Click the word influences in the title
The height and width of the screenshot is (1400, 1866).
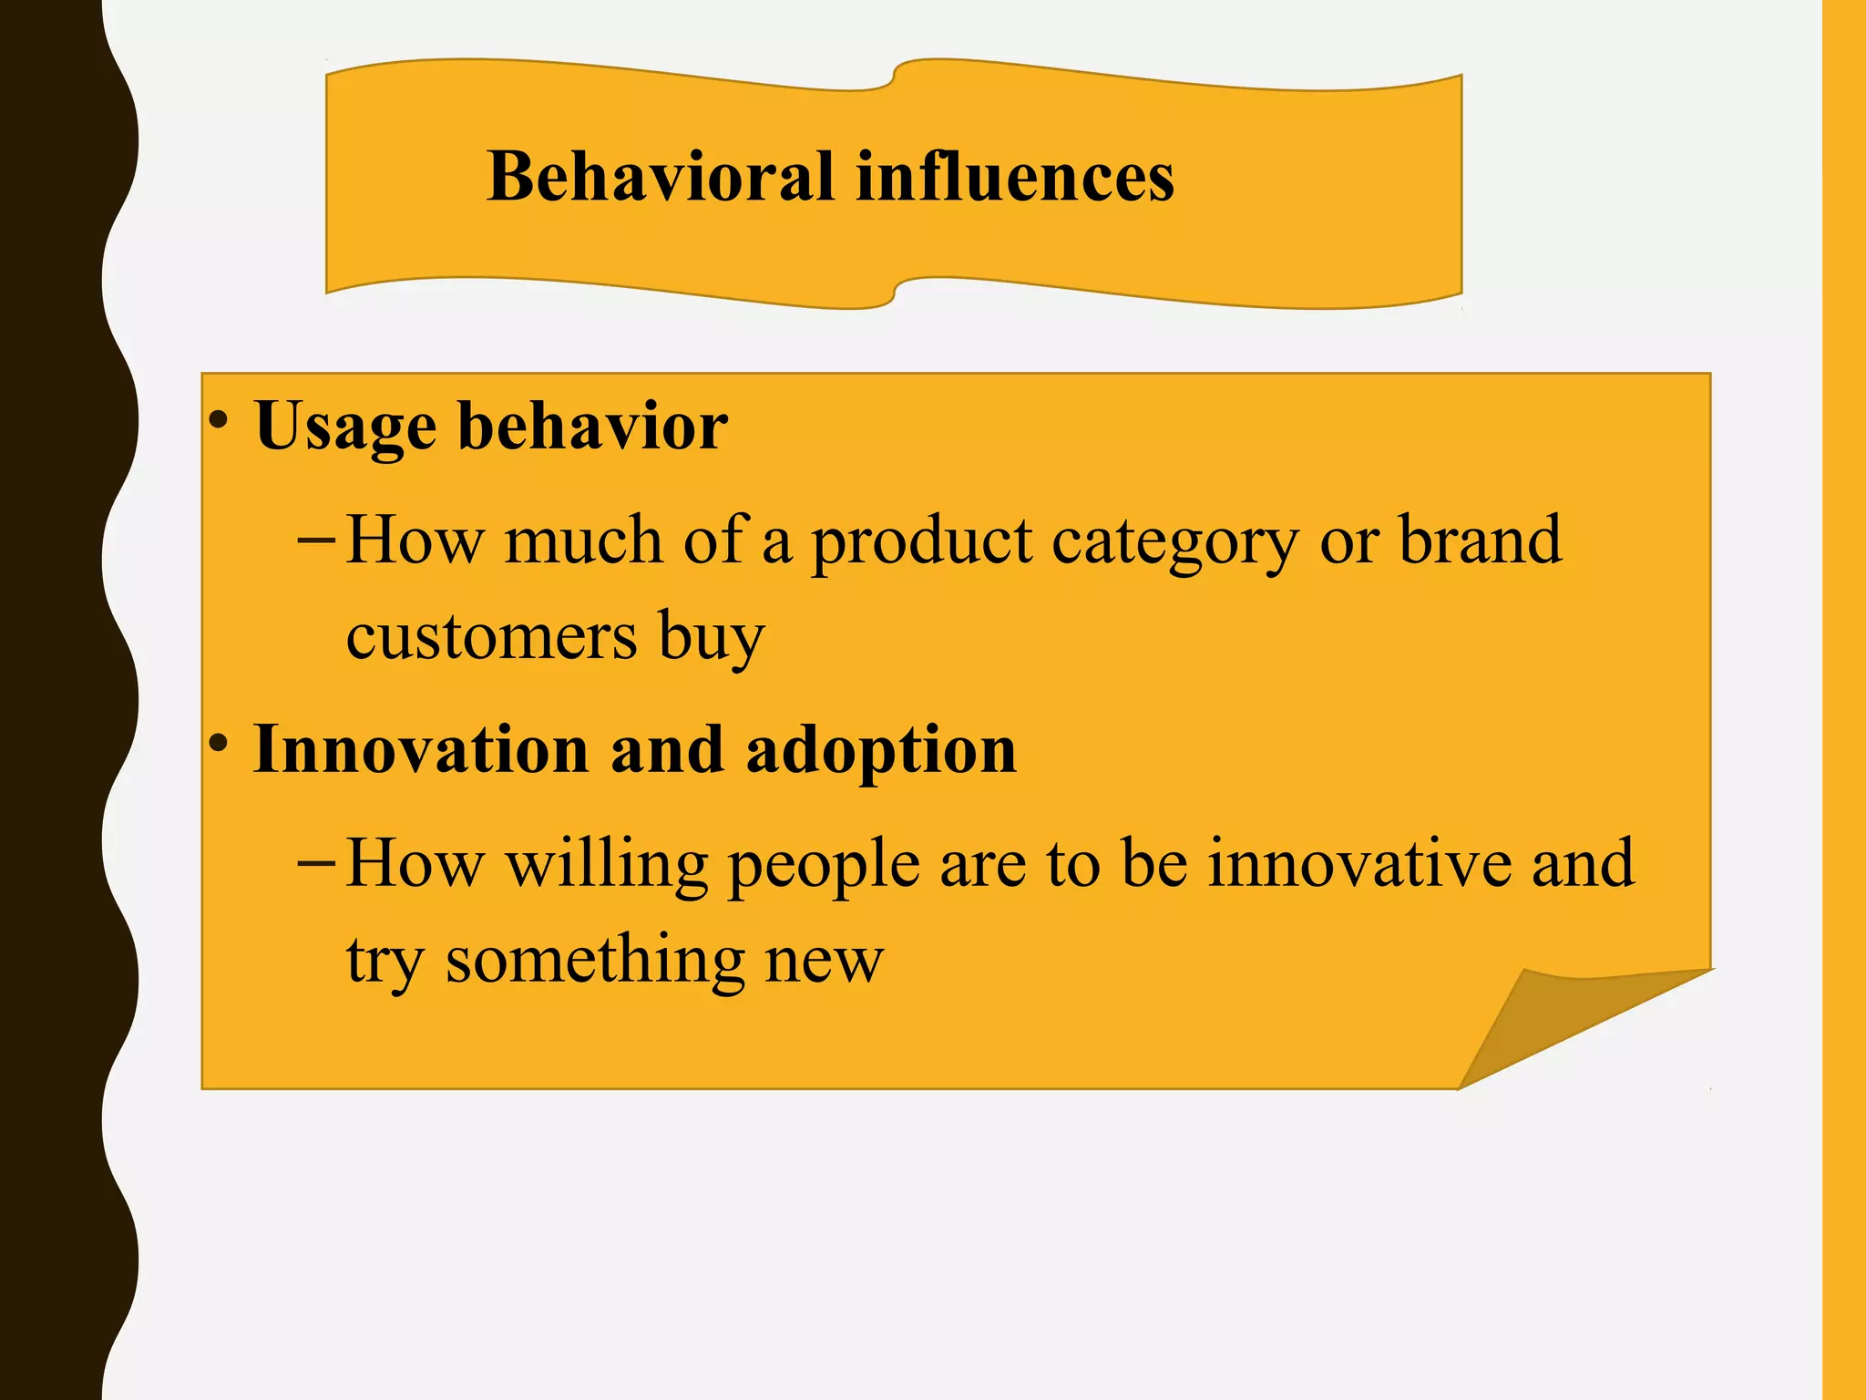pos(1015,177)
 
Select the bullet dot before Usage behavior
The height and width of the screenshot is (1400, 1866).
pos(218,420)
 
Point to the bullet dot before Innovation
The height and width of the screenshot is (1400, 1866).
pos(218,743)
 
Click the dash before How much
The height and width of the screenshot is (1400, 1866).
pos(316,540)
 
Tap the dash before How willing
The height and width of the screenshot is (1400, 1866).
pos(316,862)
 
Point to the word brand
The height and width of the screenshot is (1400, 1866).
pos(1480,540)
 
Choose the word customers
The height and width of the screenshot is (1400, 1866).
pos(491,636)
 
